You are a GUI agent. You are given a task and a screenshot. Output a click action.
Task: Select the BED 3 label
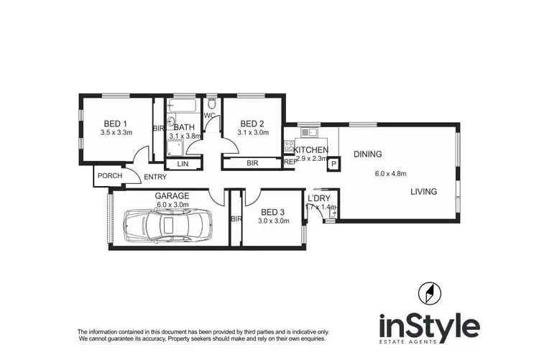click(274, 211)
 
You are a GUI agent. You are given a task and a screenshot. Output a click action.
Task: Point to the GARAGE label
click(172, 195)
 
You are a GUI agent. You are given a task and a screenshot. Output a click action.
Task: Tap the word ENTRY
click(155, 177)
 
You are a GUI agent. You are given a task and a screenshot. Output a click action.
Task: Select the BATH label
click(183, 127)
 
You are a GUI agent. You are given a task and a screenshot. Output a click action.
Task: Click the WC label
click(210, 115)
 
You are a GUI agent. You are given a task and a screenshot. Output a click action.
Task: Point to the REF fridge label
click(290, 163)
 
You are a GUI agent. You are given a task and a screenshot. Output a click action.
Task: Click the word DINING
click(367, 154)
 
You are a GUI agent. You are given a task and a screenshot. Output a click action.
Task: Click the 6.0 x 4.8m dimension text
click(391, 173)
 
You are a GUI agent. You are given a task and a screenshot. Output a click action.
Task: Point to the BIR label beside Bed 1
click(158, 129)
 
